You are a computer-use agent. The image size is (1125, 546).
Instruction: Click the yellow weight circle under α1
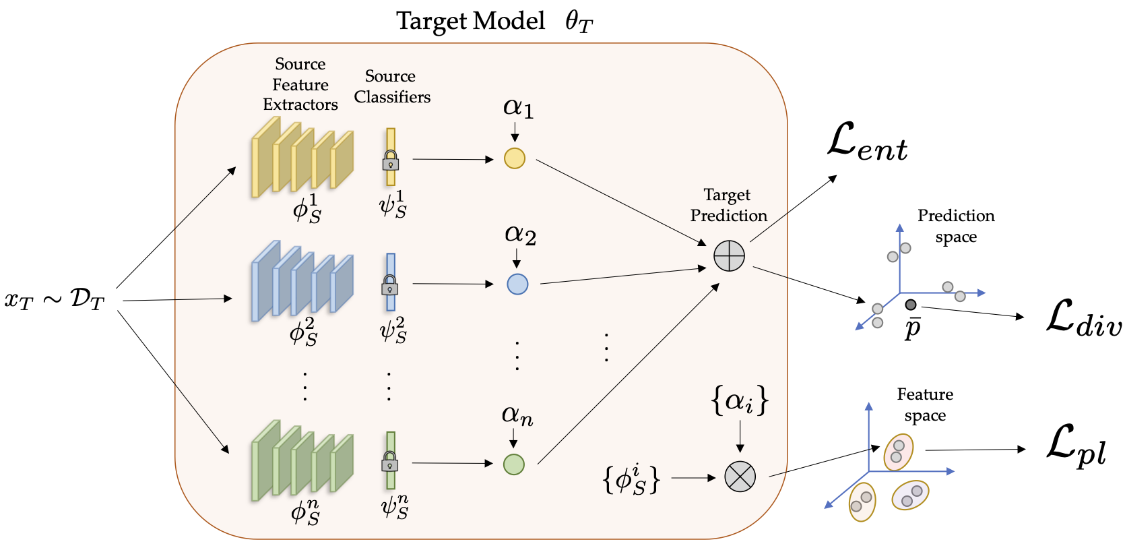coord(515,158)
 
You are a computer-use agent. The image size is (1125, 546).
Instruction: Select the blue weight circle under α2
coord(517,284)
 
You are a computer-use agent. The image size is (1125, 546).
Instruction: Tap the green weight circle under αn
coord(514,464)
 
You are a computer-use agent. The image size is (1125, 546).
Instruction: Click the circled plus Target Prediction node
coord(729,256)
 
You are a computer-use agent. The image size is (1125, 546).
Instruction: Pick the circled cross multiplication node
coord(740,477)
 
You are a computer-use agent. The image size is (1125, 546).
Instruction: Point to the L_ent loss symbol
coord(867,144)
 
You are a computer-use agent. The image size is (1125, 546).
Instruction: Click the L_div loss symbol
coord(1083,317)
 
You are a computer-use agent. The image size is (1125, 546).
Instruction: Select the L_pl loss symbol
coord(1076,446)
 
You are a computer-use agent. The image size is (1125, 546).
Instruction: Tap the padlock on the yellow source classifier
coord(391,161)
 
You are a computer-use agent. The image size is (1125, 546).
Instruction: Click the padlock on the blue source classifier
coord(390,286)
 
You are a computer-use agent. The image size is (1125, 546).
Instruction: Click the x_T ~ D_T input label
coord(55,300)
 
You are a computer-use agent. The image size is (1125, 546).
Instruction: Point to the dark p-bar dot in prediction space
coord(911,305)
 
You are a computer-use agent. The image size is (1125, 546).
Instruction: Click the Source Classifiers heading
coord(392,87)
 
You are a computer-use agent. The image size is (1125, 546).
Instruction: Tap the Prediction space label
coord(956,226)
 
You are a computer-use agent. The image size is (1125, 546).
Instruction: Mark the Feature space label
coord(925,404)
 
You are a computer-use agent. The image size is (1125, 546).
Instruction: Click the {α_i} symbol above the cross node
coord(740,401)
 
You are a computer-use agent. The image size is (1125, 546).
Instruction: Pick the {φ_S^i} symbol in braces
coord(631,478)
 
